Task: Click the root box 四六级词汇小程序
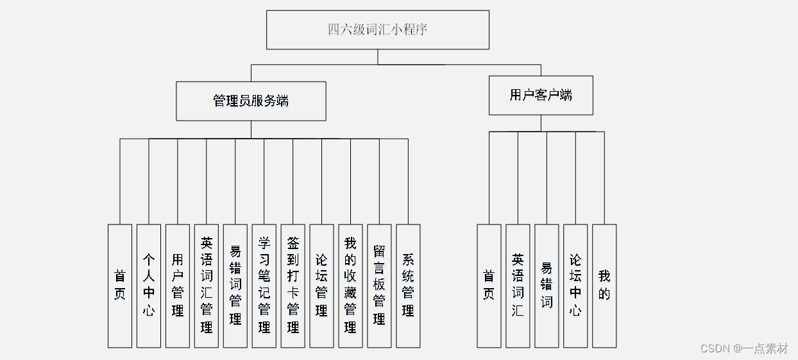(x=377, y=30)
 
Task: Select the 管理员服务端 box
(x=251, y=101)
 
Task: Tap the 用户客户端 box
(x=540, y=96)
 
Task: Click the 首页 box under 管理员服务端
(x=120, y=286)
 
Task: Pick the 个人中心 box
(x=149, y=286)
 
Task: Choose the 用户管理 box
(x=178, y=286)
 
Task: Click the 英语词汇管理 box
(x=207, y=286)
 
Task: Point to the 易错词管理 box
(x=235, y=286)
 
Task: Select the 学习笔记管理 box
(x=264, y=286)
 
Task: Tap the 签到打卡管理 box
(x=293, y=286)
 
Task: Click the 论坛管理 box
(x=321, y=286)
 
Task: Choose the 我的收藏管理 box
(x=350, y=286)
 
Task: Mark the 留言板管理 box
(x=379, y=286)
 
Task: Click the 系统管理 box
(x=408, y=286)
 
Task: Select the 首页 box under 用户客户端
(x=489, y=286)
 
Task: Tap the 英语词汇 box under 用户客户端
(x=518, y=286)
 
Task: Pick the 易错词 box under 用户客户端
(x=547, y=286)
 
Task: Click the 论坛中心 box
(x=575, y=286)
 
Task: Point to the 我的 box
(x=604, y=286)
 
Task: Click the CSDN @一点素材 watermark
(x=744, y=348)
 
